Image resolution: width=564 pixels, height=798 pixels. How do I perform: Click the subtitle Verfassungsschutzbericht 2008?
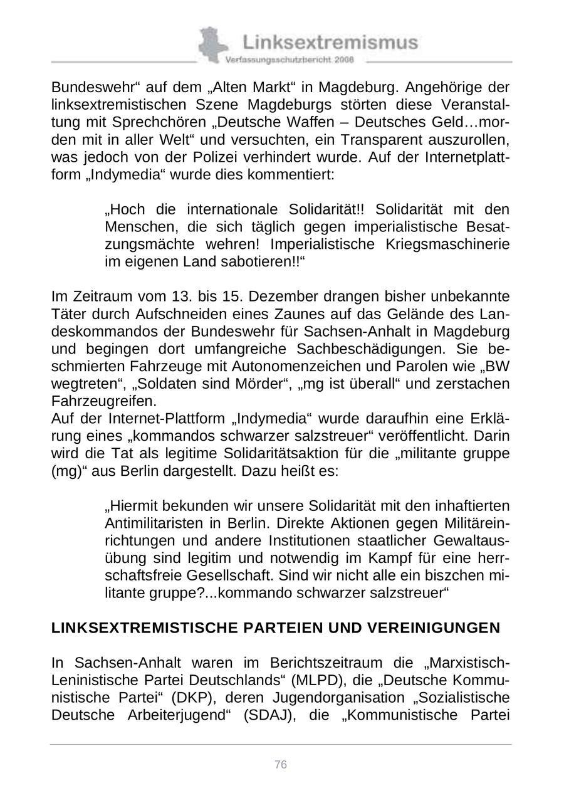click(x=290, y=60)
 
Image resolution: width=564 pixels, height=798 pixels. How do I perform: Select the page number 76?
click(x=281, y=764)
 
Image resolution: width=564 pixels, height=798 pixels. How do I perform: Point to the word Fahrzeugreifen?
click(x=104, y=401)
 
